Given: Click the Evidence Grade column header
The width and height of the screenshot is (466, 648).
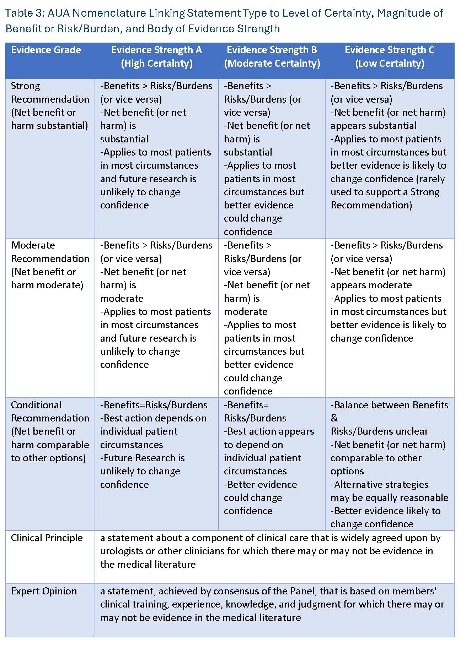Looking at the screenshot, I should [46, 50].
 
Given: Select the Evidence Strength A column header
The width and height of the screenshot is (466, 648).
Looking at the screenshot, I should [156, 56].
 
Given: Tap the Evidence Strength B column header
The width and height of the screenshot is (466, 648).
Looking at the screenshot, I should [272, 56].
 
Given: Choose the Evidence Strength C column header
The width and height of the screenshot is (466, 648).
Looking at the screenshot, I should [390, 56].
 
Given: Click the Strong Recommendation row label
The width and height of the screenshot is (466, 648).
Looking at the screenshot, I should [50, 105].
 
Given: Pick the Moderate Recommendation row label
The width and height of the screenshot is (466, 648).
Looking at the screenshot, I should [50, 265].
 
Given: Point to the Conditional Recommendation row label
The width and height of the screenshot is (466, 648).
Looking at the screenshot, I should [50, 431].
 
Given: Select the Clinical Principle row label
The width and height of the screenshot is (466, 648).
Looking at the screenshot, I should [47, 538].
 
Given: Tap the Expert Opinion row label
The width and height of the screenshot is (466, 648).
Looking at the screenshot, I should [44, 591].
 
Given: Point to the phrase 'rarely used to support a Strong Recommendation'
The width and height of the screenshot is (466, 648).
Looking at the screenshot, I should [387, 192].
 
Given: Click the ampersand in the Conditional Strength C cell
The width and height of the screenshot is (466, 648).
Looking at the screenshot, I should [334, 418].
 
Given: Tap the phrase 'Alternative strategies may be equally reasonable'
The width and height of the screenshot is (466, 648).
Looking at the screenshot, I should [389, 491].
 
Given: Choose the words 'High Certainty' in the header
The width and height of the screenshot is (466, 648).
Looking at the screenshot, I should [157, 64].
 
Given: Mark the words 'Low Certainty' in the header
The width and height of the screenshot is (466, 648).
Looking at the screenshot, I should [390, 64].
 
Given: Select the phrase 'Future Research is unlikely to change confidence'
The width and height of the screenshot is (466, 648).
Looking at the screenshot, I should [142, 471].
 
